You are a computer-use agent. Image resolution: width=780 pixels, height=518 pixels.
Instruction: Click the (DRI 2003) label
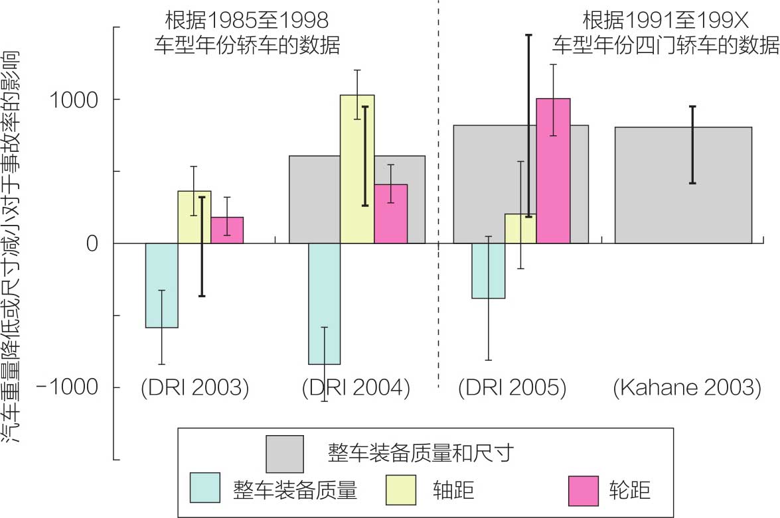(195, 387)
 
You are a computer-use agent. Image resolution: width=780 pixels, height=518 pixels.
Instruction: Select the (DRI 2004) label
(356, 387)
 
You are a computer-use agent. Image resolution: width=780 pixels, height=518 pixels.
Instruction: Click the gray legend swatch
(284, 452)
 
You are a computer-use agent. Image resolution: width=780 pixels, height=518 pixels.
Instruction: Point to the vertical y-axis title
(15, 245)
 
